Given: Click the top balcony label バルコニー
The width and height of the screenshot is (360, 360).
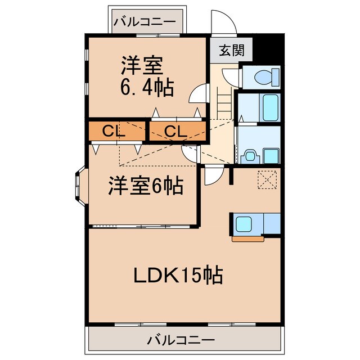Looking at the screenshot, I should tap(145, 22).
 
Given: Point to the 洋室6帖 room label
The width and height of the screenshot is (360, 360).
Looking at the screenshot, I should tap(145, 186).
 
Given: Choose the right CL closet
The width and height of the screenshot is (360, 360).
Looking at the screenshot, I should tap(175, 132).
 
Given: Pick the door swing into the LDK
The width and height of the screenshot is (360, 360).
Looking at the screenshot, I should tap(212, 175).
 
